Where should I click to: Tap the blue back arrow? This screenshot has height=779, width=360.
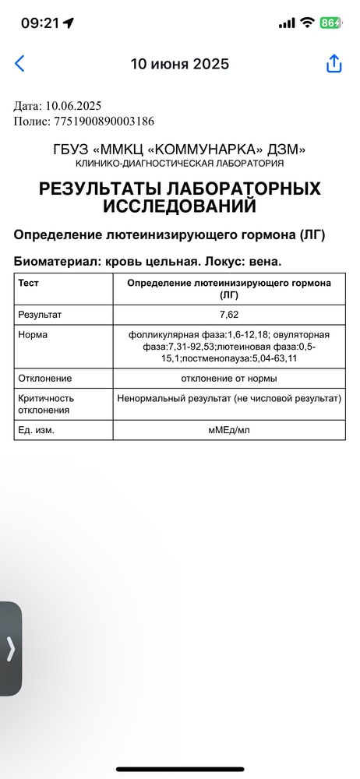click(19, 64)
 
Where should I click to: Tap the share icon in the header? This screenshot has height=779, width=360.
click(334, 64)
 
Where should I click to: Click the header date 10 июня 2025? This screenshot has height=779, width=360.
click(180, 64)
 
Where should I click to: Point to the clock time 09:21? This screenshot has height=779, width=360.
click(40, 23)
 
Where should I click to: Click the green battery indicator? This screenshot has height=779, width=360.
click(330, 23)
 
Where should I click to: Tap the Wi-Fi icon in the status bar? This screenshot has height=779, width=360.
click(307, 23)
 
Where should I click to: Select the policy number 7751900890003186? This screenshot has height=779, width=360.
click(104, 121)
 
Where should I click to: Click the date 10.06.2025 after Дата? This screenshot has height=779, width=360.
click(72, 106)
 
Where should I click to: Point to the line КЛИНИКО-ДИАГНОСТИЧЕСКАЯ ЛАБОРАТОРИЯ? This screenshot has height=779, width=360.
click(180, 164)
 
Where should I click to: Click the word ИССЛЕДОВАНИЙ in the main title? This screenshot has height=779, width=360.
click(180, 206)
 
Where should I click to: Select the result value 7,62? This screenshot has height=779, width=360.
click(229, 315)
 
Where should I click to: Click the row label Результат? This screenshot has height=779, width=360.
click(40, 315)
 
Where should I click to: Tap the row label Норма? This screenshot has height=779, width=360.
click(33, 334)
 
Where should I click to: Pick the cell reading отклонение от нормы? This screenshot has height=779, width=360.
click(229, 378)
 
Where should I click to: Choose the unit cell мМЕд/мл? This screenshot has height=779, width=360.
click(229, 430)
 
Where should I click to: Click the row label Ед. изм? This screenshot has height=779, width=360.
click(37, 430)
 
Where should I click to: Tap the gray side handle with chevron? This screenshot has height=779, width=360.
click(11, 649)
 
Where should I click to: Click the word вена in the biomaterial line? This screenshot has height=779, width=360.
click(261, 262)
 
